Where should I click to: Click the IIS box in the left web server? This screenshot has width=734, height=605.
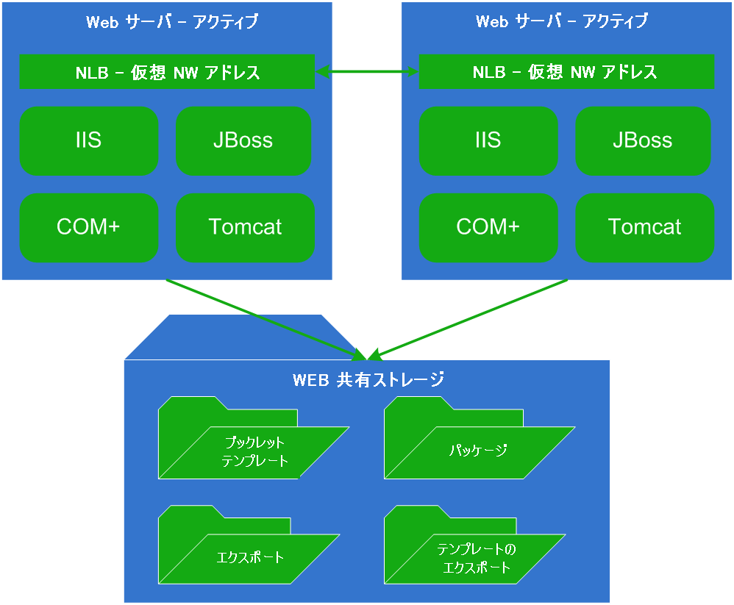[89, 141]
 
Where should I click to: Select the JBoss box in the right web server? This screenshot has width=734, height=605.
[643, 141]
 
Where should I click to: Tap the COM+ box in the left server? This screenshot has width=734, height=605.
[89, 227]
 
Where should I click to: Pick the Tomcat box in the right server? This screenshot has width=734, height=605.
[644, 227]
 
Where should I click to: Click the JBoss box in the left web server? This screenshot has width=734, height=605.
[243, 141]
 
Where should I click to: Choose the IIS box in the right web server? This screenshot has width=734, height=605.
[488, 141]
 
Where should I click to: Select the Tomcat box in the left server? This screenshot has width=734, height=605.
[245, 227]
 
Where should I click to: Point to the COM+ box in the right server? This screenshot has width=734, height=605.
[488, 227]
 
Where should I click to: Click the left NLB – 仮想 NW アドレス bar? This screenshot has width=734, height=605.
[167, 72]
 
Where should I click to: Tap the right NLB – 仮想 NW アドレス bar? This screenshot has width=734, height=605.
[566, 72]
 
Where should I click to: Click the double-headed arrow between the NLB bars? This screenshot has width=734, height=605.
[366, 71]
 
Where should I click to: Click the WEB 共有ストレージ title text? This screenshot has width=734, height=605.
[368, 380]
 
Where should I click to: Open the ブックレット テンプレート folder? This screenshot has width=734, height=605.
[254, 451]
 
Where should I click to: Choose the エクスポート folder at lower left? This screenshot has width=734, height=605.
[250, 557]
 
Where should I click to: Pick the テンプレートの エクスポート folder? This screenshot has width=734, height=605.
[477, 559]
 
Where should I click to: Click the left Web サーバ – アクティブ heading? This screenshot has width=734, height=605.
[172, 22]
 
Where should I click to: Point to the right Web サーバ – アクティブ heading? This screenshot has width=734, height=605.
[562, 22]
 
